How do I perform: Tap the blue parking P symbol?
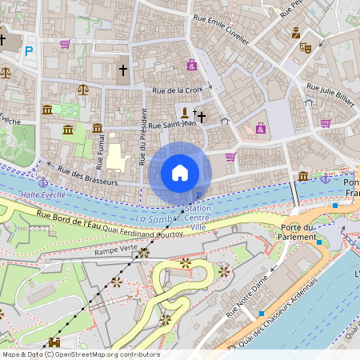[x=29, y=51]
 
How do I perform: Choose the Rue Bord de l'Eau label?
[x=75, y=219]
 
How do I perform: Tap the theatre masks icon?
[x=305, y=47]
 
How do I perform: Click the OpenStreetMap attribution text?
[x=81, y=354]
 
